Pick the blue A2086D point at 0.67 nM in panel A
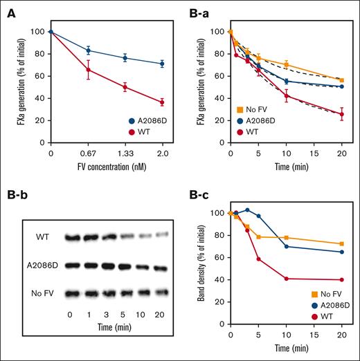point(88,50)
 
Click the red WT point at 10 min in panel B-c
point(287,279)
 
